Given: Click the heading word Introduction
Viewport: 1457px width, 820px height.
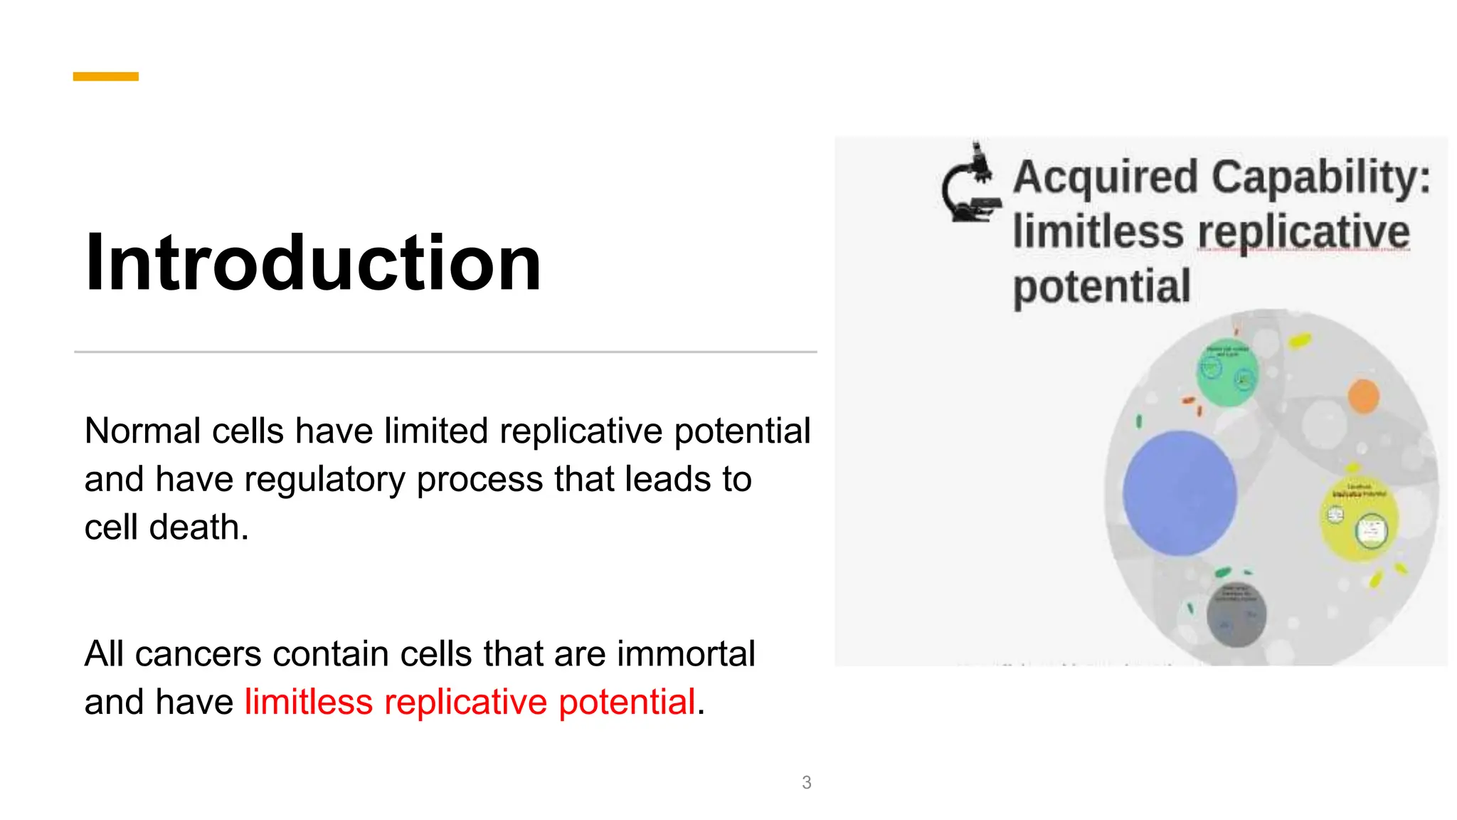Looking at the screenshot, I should (313, 263).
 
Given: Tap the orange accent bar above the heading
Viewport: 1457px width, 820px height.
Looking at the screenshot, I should (105, 76).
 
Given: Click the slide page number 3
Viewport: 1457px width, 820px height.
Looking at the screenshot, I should (806, 782).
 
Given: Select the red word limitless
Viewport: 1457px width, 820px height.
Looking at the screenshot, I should (308, 702).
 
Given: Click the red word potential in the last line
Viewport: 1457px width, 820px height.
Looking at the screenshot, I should (626, 702).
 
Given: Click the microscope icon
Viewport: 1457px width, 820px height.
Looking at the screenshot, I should (971, 184).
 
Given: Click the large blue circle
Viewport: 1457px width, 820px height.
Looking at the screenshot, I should (1180, 493).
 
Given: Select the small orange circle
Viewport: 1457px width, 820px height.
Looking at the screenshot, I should (1363, 396).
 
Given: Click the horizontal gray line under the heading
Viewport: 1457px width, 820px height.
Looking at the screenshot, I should (445, 352).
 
